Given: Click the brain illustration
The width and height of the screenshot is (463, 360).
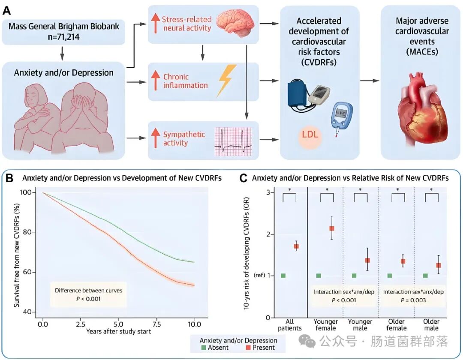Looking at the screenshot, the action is click(235, 22).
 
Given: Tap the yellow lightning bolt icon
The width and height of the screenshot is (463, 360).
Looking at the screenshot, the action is click(227, 81).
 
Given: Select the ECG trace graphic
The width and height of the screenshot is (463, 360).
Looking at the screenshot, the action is click(234, 141).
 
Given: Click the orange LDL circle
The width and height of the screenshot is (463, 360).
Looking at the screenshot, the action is click(310, 135).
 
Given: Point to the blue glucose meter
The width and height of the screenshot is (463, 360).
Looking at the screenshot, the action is click(341, 116).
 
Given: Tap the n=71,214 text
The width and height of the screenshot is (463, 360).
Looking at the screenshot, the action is click(63, 37).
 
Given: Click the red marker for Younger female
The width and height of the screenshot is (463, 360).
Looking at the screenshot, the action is click(331, 228).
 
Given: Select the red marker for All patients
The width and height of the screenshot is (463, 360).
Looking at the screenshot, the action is click(296, 246).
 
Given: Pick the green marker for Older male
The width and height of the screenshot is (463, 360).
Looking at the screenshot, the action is click(425, 276).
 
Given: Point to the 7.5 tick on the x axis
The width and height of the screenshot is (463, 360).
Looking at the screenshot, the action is click(156, 324).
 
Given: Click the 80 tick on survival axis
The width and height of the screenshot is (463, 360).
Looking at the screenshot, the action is click(27, 232).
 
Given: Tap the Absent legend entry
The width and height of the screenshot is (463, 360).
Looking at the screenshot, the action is click(215, 348).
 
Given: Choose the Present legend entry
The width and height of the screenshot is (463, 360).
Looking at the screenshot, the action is click(260, 348).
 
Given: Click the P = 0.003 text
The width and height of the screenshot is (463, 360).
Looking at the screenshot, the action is click(413, 300).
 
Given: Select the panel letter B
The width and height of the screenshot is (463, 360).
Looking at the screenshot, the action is click(9, 178).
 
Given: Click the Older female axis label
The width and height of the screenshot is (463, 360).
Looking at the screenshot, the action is click(396, 324).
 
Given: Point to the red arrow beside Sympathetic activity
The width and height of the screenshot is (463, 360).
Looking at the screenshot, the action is click(155, 138).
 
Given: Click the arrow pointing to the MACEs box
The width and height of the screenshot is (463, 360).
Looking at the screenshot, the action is click(370, 81).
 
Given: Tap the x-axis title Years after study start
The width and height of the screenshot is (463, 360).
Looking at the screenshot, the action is click(118, 331).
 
